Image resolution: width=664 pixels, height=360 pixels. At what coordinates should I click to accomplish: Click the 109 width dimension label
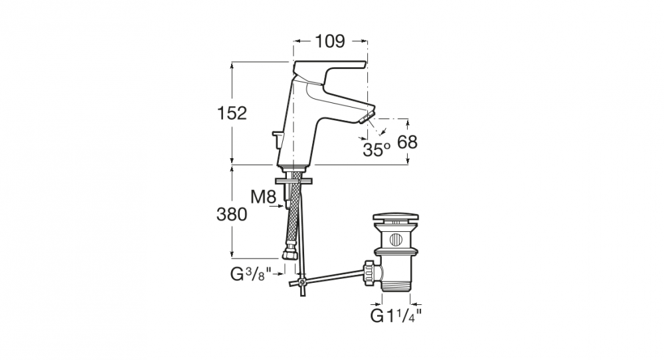(329, 41)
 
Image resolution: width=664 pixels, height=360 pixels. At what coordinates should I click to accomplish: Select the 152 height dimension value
(232, 113)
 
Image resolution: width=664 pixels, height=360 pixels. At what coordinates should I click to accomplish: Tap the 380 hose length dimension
(232, 214)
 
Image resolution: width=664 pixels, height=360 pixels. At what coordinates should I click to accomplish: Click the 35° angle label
(376, 149)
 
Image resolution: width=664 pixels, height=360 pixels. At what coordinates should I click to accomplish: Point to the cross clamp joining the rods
(301, 284)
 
